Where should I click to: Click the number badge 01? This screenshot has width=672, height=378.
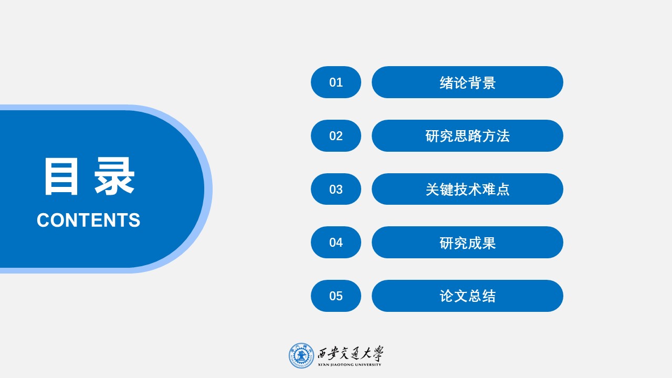pos(336,82)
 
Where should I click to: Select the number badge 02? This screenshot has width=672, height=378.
pos(336,136)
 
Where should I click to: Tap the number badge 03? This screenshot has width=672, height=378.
pos(336,190)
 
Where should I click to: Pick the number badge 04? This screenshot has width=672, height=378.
pos(336,243)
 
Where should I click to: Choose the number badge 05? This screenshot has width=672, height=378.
pos(336,296)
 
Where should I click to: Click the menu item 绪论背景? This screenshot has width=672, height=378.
pos(467,82)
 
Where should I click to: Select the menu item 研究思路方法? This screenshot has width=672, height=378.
pos(467,136)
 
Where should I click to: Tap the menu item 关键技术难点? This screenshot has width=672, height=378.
pos(467,190)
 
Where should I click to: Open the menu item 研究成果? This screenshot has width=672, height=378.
pos(467,243)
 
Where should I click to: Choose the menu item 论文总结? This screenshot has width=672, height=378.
pos(467,296)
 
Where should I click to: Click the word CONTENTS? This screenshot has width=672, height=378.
pos(88,220)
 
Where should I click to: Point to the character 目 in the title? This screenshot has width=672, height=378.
pos(61,177)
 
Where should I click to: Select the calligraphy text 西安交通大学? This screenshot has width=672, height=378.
pos(350,353)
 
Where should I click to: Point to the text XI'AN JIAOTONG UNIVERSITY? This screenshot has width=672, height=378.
pos(350,364)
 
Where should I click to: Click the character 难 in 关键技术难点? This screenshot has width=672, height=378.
pos(489,190)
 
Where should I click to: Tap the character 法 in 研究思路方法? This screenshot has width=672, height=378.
pos(503,136)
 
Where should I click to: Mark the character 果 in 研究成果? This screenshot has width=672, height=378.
pos(489,243)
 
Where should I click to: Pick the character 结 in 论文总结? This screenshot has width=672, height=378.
pos(489,296)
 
